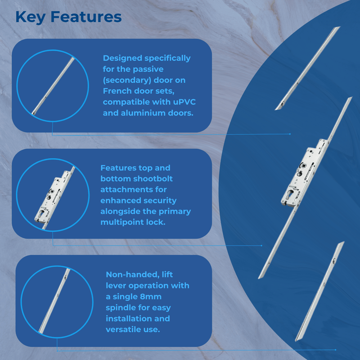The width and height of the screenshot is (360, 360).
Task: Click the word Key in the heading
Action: (x=30, y=17)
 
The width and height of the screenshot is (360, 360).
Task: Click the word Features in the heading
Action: (x=86, y=17)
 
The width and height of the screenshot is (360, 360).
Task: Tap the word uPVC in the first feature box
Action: (x=184, y=102)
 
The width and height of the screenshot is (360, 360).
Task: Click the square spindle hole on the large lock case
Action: (x=304, y=165)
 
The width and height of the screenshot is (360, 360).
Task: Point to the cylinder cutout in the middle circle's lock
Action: (x=42, y=213)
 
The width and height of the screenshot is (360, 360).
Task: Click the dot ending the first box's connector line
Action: (x=290, y=134)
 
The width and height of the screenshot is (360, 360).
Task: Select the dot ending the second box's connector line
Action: (x=262, y=245)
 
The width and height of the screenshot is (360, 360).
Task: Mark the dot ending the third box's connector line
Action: (x=335, y=350)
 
